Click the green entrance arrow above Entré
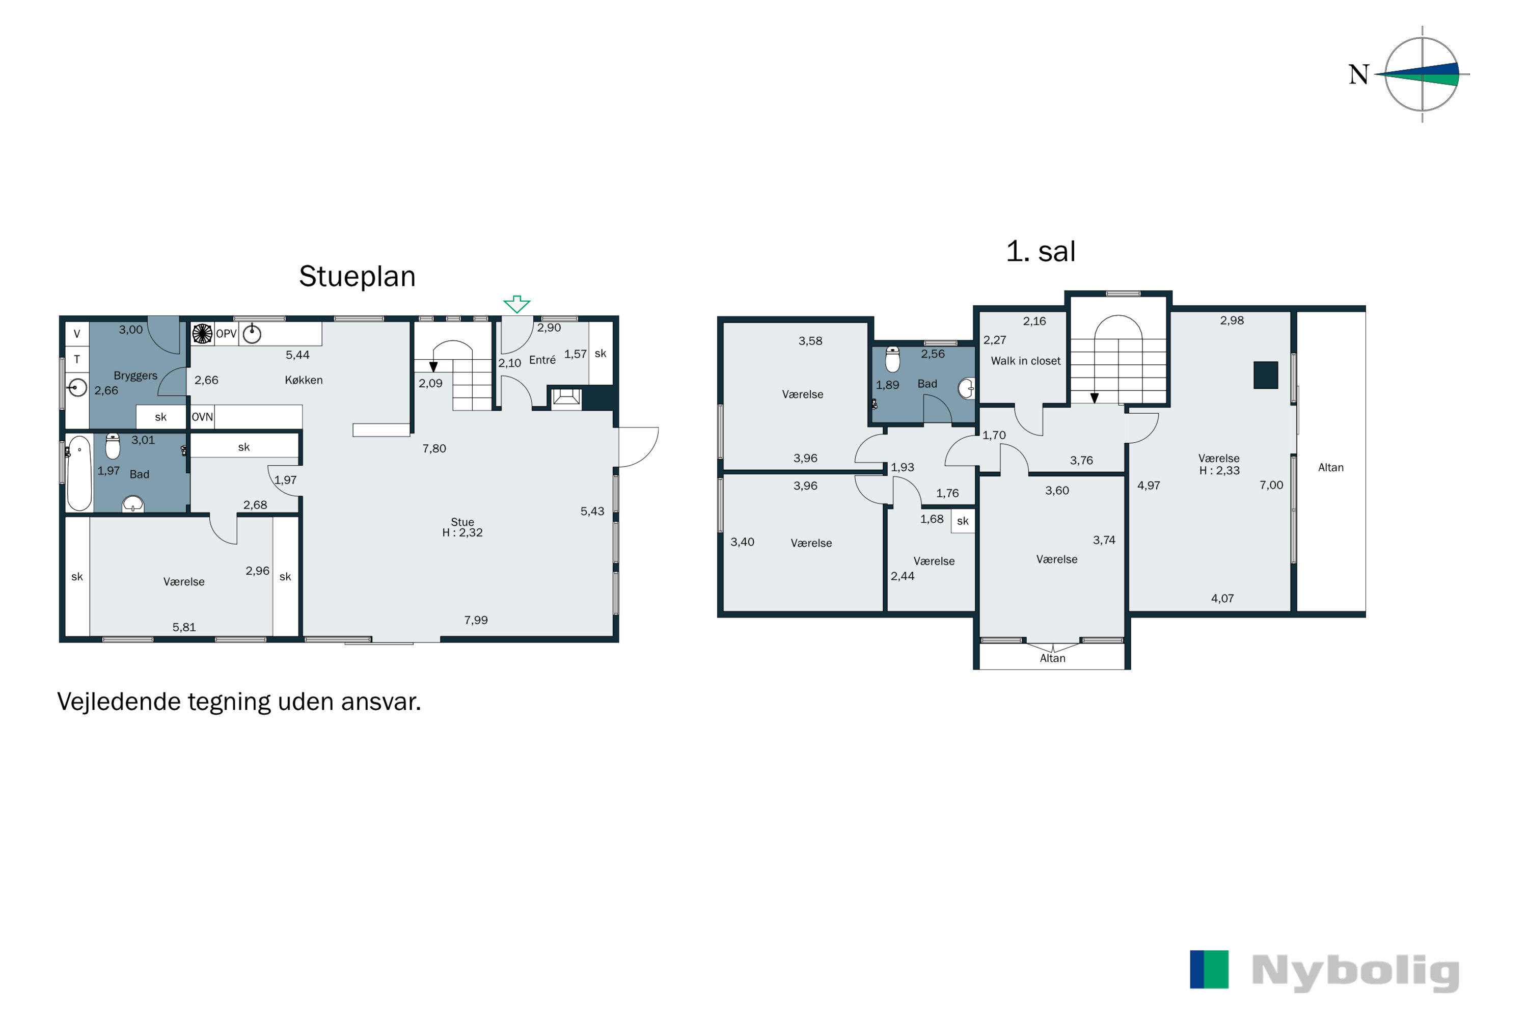coord(516,304)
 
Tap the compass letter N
coord(1359,75)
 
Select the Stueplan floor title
coord(358,277)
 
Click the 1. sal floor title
coord(1041,252)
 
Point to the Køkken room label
coord(304,380)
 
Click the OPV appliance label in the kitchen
coord(226,334)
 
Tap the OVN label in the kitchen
coord(202,417)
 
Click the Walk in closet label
coord(1025,361)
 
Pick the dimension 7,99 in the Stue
coord(476,620)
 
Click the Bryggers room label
coord(135,376)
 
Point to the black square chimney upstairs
coord(1266,375)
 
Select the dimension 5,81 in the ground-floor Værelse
coord(184,627)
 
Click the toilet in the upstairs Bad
coord(893,359)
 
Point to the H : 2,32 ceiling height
coord(462,533)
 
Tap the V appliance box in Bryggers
coord(77,334)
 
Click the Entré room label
coord(542,360)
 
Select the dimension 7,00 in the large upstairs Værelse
coord(1271,485)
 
